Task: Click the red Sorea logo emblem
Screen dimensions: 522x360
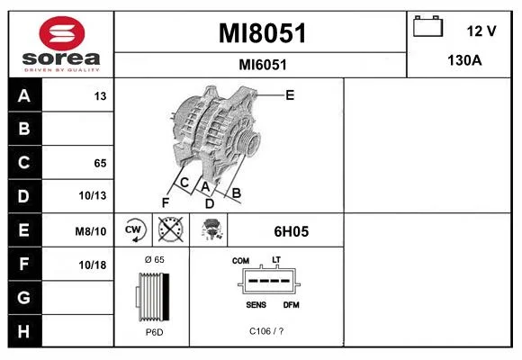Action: coord(62,33)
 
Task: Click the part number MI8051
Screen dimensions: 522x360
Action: coord(262,33)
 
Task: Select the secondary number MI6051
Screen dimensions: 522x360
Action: coord(263,65)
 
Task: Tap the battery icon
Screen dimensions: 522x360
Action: coord(427,26)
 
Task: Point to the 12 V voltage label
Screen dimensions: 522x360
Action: coord(481,31)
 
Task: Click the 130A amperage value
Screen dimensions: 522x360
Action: coord(464,60)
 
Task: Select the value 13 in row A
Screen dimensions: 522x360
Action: coord(100,96)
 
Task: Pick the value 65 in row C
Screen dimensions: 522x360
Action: coord(100,163)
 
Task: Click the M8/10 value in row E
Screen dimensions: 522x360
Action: coord(91,231)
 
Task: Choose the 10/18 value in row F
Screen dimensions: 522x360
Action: coord(93,265)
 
